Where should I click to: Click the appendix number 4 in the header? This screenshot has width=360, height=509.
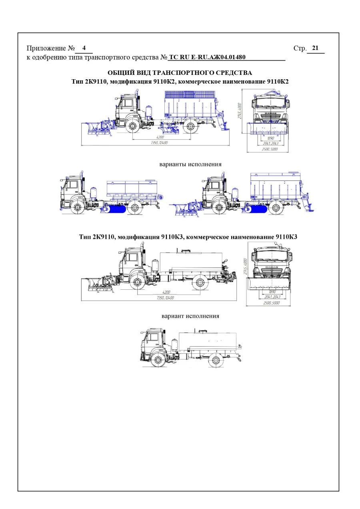point(84,48)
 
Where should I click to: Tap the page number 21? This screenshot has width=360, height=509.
point(315,48)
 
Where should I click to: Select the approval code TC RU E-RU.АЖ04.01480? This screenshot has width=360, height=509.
point(207,57)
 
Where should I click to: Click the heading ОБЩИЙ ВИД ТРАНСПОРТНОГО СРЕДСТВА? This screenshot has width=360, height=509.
point(180,73)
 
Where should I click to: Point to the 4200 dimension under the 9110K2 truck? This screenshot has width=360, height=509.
point(160,137)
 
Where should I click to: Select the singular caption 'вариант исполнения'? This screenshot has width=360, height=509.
point(190,316)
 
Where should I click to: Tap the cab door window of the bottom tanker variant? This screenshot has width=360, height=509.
point(152,338)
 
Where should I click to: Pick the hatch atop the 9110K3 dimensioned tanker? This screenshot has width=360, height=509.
point(185,251)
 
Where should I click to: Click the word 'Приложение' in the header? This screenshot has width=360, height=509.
point(46,48)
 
